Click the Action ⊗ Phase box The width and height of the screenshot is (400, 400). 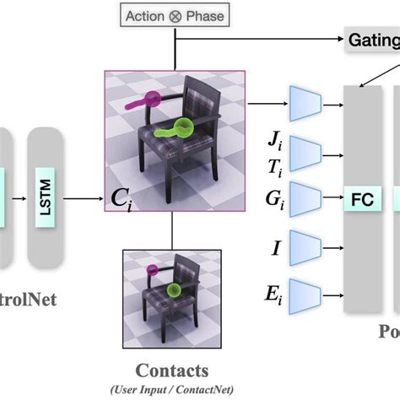[x=174, y=15]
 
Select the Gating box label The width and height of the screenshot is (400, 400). [x=372, y=39]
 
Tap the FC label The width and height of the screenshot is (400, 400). [x=361, y=200]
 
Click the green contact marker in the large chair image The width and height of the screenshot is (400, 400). [x=181, y=128]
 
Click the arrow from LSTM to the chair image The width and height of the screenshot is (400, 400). [x=86, y=199]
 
